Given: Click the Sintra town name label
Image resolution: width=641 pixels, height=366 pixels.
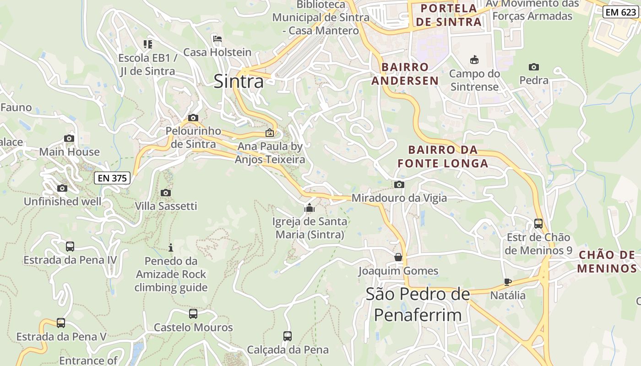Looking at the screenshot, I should point(239,81).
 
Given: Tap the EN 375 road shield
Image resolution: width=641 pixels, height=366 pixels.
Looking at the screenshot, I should point(112,178).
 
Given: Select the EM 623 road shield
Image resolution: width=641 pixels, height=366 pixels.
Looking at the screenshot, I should point(620,12).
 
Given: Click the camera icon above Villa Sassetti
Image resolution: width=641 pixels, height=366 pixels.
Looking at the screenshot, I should point(166,193).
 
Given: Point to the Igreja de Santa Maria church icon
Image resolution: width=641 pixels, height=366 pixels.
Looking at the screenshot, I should point(310,209).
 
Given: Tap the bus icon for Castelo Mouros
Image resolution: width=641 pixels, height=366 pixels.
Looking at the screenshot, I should point(193,314).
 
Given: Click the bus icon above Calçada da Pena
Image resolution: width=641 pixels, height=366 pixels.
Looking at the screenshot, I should point(288,336).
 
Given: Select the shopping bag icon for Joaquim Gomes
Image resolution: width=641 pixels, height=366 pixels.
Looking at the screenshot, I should point(398,257).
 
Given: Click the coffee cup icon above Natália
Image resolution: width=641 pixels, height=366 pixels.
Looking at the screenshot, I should point(507,282).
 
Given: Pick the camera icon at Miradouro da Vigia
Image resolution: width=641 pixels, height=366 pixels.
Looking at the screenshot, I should point(399,185).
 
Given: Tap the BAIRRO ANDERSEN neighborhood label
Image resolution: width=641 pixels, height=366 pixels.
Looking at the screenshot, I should point(405,74).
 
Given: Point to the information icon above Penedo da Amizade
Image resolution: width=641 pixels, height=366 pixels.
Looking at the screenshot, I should point(171,248).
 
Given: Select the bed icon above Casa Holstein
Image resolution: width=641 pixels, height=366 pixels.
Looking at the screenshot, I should point(217,39).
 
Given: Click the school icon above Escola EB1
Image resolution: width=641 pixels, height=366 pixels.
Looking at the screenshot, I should point(147,44).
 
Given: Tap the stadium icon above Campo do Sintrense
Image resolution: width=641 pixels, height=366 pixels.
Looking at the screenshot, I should point(474,60).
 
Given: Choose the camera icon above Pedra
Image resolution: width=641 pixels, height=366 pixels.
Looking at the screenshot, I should point(533,67).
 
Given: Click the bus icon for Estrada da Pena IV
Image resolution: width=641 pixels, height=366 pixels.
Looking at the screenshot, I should point(70,247).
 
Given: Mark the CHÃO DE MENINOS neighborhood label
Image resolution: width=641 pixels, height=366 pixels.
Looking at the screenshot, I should point(607,262).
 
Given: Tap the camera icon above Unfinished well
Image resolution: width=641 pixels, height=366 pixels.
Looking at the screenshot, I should point(62,188).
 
